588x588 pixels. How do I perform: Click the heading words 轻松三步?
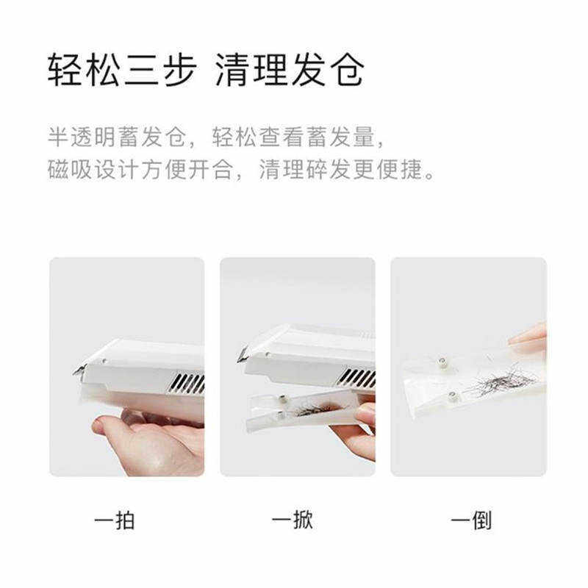[121, 71]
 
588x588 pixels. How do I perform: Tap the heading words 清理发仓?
[290, 71]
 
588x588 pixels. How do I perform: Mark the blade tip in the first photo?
[76, 371]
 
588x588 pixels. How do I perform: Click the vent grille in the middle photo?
[358, 378]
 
